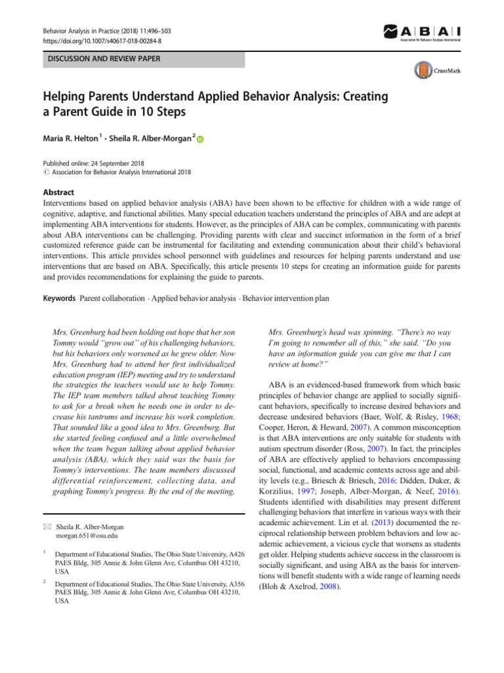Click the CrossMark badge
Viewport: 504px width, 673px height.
click(436, 70)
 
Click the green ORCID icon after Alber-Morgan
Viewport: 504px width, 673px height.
click(200, 139)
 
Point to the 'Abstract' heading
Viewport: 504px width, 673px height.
click(58, 193)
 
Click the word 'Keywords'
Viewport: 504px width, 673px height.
click(58, 298)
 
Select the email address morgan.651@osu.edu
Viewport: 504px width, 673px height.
click(87, 536)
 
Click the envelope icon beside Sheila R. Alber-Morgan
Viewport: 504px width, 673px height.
click(45, 526)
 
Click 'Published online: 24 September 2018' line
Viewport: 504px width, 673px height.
click(94, 163)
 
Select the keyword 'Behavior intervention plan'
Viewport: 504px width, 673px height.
click(285, 298)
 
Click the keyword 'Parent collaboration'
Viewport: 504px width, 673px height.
click(112, 298)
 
